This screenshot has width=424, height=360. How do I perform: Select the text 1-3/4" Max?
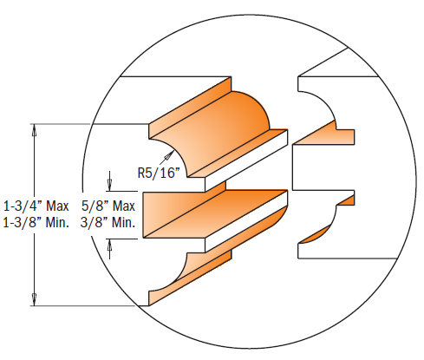36,206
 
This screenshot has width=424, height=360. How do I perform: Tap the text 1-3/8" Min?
36,223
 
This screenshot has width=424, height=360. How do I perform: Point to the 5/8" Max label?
108,206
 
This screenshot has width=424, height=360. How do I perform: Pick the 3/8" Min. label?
108,223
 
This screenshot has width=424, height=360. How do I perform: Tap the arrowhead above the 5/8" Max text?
110,185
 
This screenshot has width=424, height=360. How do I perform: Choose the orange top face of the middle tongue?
217,196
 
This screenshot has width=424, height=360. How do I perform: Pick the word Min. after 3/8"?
123,223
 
